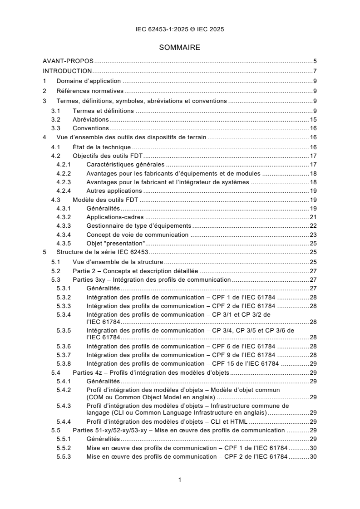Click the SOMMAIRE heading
click(x=180, y=47)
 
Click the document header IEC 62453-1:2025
click(x=180, y=29)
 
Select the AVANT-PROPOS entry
click(x=68, y=60)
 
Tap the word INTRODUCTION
click(x=67, y=71)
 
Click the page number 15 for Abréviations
click(x=313, y=119)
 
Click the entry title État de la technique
click(x=102, y=147)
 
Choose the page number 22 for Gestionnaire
click(x=313, y=226)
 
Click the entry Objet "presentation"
click(x=109, y=243)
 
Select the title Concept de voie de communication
click(x=137, y=235)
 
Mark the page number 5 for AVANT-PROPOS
click(x=315, y=60)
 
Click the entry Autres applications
click(x=114, y=191)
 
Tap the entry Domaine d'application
click(x=82, y=81)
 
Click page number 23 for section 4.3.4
click(x=313, y=235)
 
